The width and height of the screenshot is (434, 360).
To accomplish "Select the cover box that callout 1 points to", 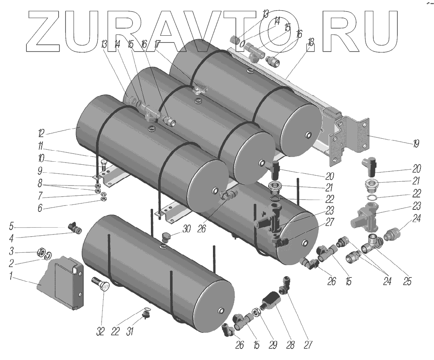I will point(64,283).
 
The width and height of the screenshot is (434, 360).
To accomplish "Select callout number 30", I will point(186,229).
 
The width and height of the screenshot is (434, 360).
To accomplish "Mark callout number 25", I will point(407,282).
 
